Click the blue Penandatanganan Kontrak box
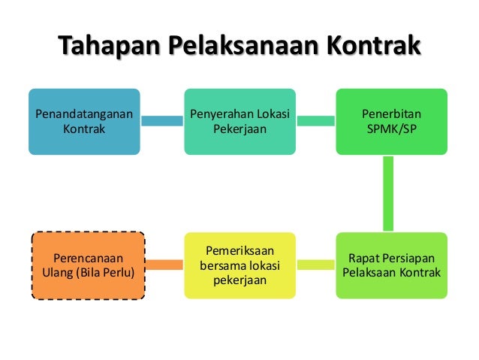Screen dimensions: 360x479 (x=85, y=121)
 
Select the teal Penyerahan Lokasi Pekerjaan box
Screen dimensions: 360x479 (x=240, y=121)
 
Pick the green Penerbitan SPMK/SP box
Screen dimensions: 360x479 (x=391, y=121)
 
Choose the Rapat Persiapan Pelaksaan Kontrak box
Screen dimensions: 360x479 (x=391, y=265)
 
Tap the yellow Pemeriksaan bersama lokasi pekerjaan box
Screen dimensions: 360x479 (x=240, y=265)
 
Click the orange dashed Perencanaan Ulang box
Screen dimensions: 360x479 (x=89, y=265)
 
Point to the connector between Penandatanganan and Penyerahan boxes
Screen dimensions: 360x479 (x=163, y=120)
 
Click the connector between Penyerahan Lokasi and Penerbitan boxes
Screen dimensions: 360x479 (x=315, y=120)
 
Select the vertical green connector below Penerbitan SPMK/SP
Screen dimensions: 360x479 (x=389, y=193)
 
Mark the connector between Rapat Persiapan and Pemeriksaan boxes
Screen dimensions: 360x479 (x=315, y=264)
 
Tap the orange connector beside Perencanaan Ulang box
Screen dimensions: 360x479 (x=164, y=264)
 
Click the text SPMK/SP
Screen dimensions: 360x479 (x=391, y=129)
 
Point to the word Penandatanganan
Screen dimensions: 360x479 (x=85, y=114)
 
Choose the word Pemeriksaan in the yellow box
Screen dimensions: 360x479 (x=240, y=250)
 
